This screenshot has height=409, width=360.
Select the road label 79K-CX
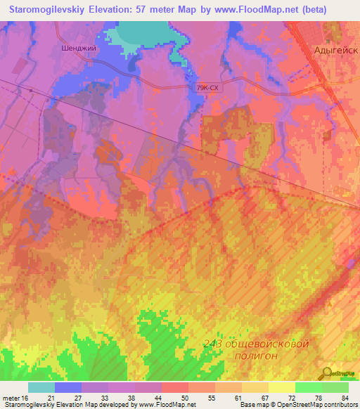209,88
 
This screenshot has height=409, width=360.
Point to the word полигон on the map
252,356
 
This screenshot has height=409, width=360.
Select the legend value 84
344,397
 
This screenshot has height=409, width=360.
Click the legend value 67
265,397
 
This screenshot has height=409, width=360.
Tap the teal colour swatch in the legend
41,387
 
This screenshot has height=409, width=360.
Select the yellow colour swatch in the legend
281,387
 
